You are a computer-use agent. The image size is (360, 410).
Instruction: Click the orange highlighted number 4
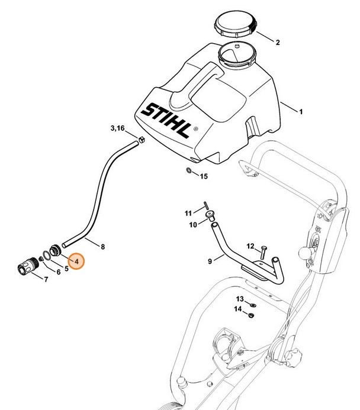point(76,260)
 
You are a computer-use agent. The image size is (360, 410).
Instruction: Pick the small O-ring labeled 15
point(188,172)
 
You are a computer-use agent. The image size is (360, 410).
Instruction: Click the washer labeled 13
point(250,305)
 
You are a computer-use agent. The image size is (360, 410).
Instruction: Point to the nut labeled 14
point(250,315)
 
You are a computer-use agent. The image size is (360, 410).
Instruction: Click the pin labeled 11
point(204,205)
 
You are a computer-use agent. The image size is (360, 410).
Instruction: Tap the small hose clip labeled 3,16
point(142,140)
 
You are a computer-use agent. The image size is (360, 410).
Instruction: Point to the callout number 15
point(203,176)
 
